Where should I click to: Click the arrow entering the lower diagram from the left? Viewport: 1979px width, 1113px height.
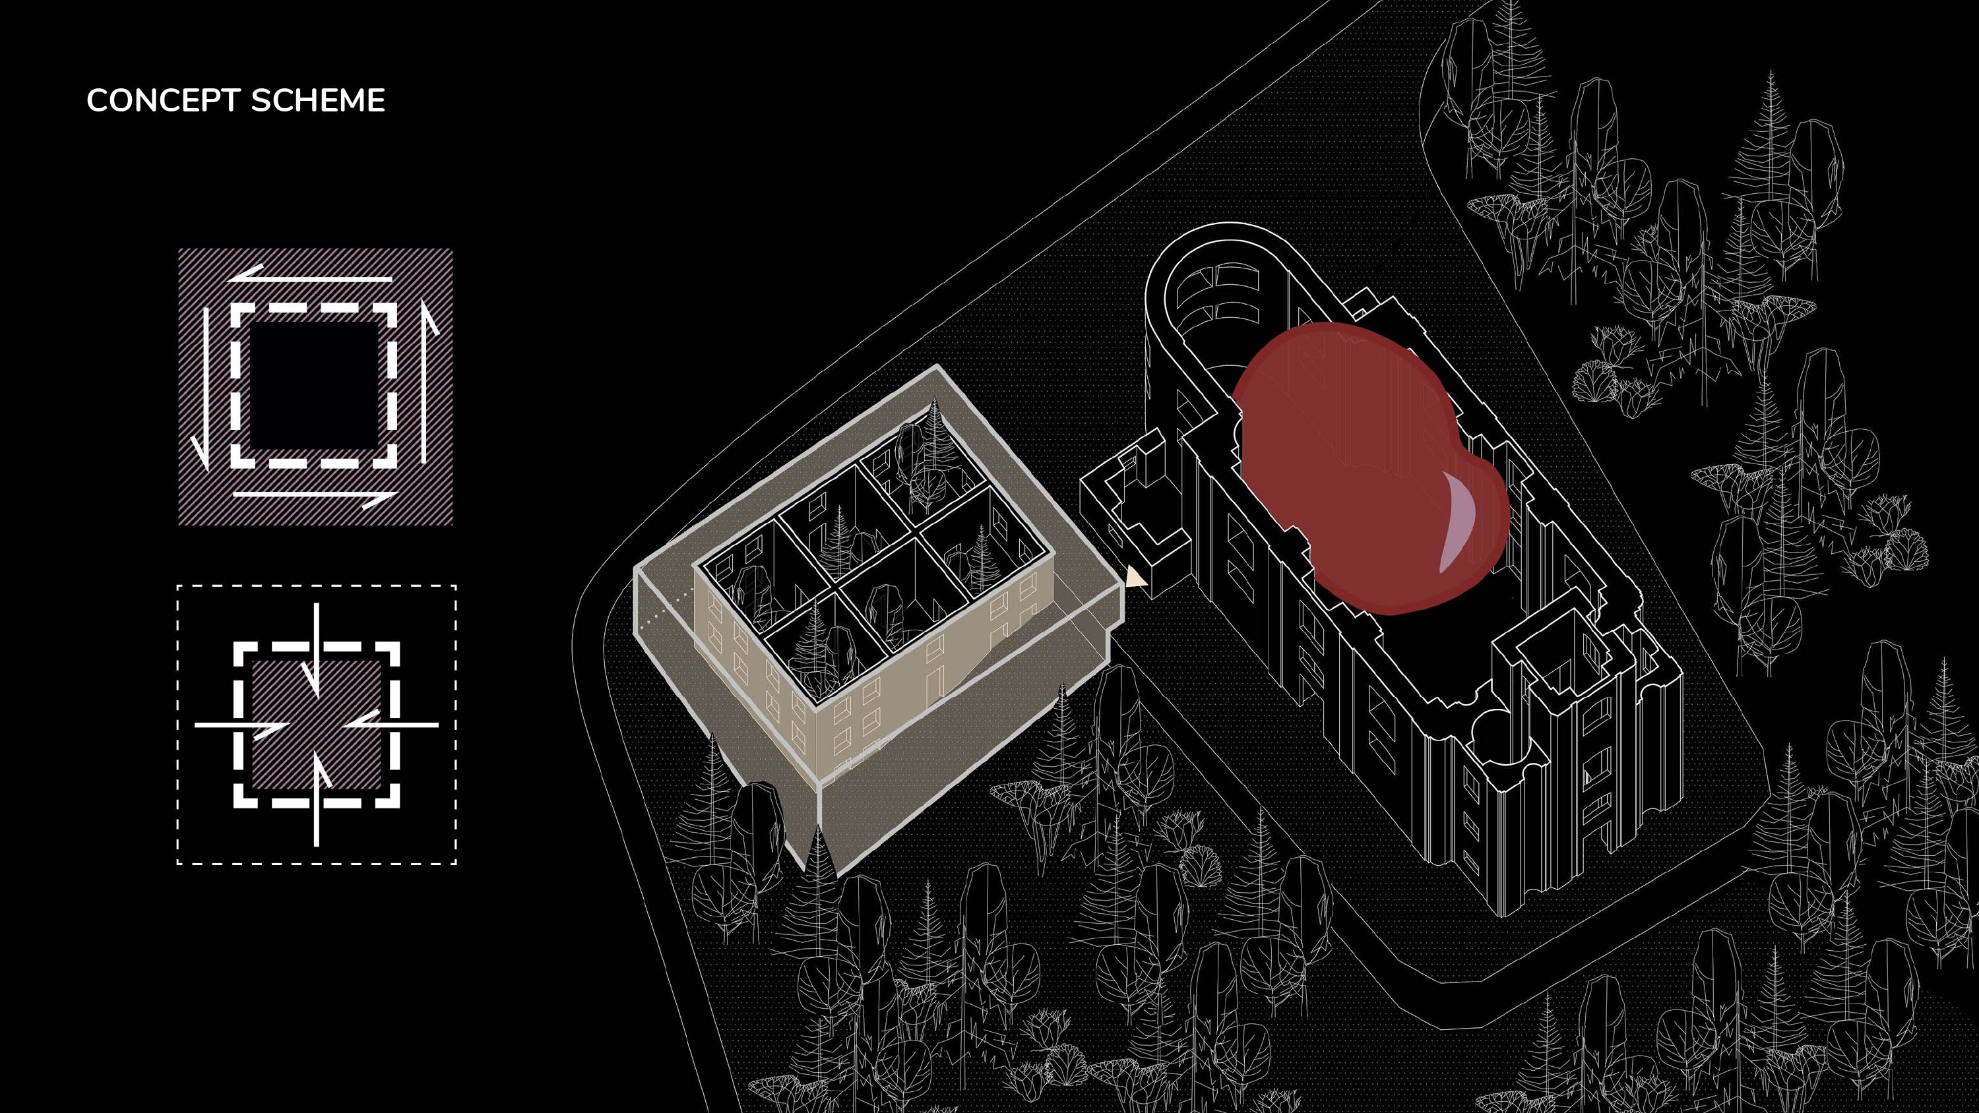242,725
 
